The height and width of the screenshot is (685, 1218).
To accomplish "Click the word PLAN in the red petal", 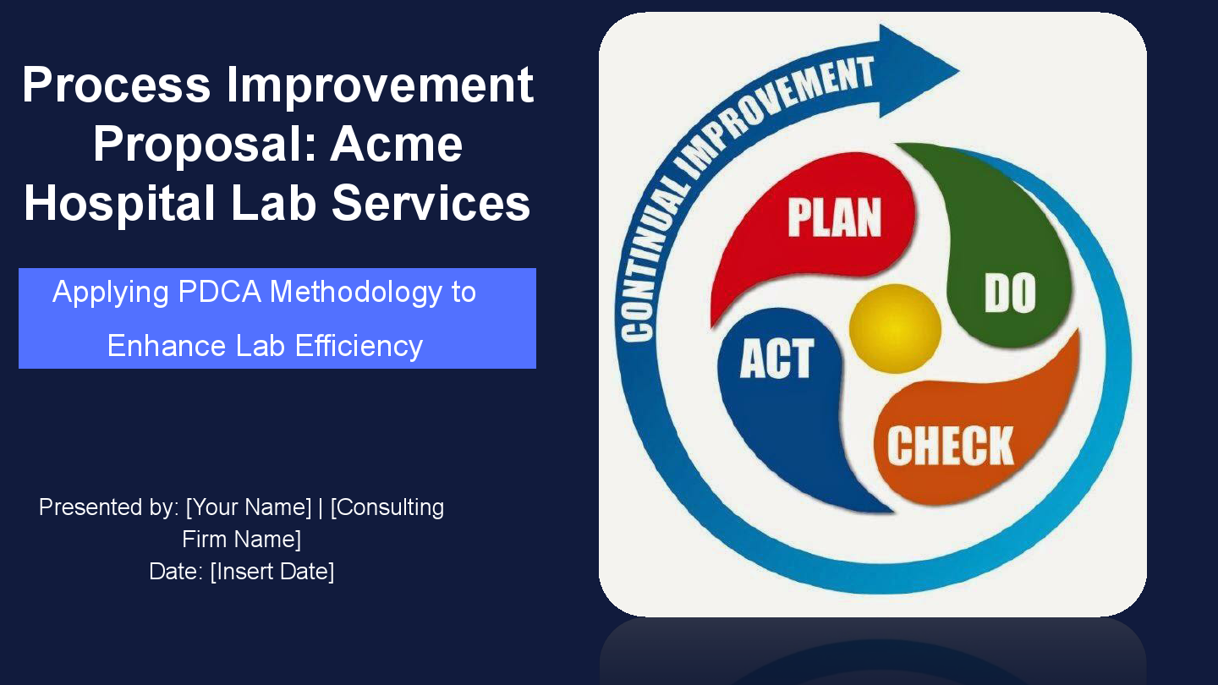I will click(x=834, y=216).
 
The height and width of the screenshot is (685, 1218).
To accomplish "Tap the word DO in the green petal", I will click(x=1010, y=293).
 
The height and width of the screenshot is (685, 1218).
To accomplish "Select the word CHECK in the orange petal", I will click(x=950, y=446).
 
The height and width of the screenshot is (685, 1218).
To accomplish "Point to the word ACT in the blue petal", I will click(x=776, y=359).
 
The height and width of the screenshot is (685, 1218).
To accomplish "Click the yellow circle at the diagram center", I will click(x=895, y=329).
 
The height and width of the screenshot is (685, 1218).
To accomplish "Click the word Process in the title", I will click(x=117, y=85).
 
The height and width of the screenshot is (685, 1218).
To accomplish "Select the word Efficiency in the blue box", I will click(x=359, y=346).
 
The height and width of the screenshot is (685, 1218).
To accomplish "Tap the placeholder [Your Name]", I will click(x=249, y=507).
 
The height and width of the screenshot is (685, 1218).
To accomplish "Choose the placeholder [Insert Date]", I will click(x=272, y=572).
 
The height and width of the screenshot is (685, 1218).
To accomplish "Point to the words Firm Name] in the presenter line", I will click(x=242, y=540).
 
